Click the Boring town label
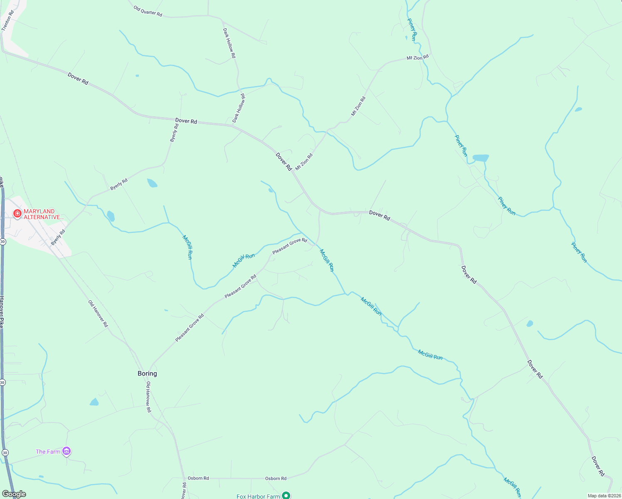click(147, 373)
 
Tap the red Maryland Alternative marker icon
click(17, 214)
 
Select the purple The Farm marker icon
click(67, 451)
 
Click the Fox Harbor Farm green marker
click(286, 495)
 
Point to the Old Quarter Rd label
click(148, 11)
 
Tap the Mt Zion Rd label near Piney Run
click(417, 58)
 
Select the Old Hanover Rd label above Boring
click(98, 314)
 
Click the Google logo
click(14, 494)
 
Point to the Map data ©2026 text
click(604, 496)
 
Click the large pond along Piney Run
click(481, 158)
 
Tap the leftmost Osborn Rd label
click(198, 478)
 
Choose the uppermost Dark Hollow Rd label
click(229, 43)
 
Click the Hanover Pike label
click(2, 312)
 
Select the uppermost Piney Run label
click(412, 30)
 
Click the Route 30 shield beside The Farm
click(4, 452)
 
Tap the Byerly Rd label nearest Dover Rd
click(174, 133)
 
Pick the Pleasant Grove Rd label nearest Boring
click(190, 328)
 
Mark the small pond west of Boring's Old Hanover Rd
click(94, 402)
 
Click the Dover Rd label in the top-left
click(78, 79)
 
